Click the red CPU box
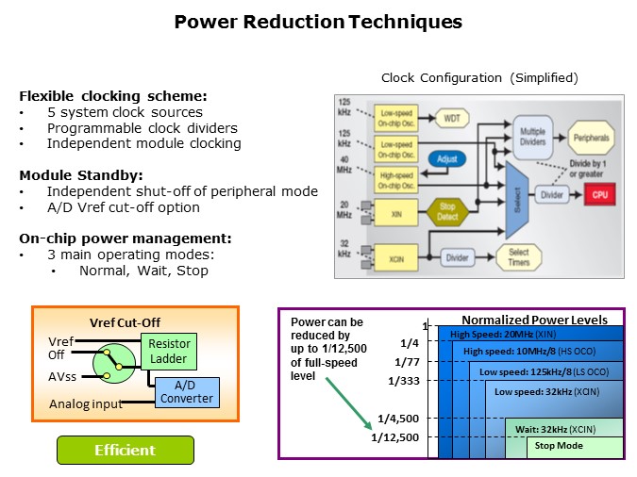(596, 194)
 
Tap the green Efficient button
(125, 450)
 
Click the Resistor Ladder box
(169, 351)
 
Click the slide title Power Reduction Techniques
(318, 22)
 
